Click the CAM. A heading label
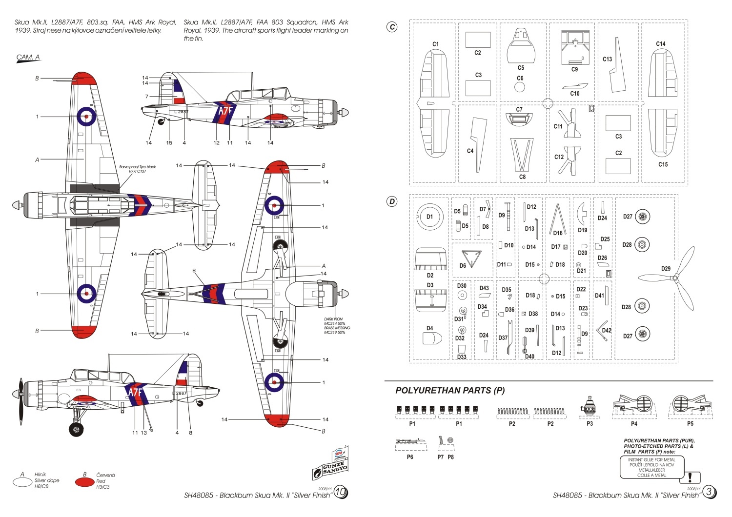(x=28, y=58)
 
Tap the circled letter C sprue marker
(x=392, y=27)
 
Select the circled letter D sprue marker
(x=392, y=201)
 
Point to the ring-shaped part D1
(x=429, y=217)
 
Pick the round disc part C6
(x=520, y=87)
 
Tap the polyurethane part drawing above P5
(x=690, y=405)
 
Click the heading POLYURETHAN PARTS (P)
(x=450, y=391)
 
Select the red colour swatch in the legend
(x=85, y=482)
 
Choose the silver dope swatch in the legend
(x=22, y=482)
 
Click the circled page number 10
(x=340, y=493)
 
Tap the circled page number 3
(x=709, y=493)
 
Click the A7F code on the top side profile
(x=225, y=111)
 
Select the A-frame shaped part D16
(x=557, y=219)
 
